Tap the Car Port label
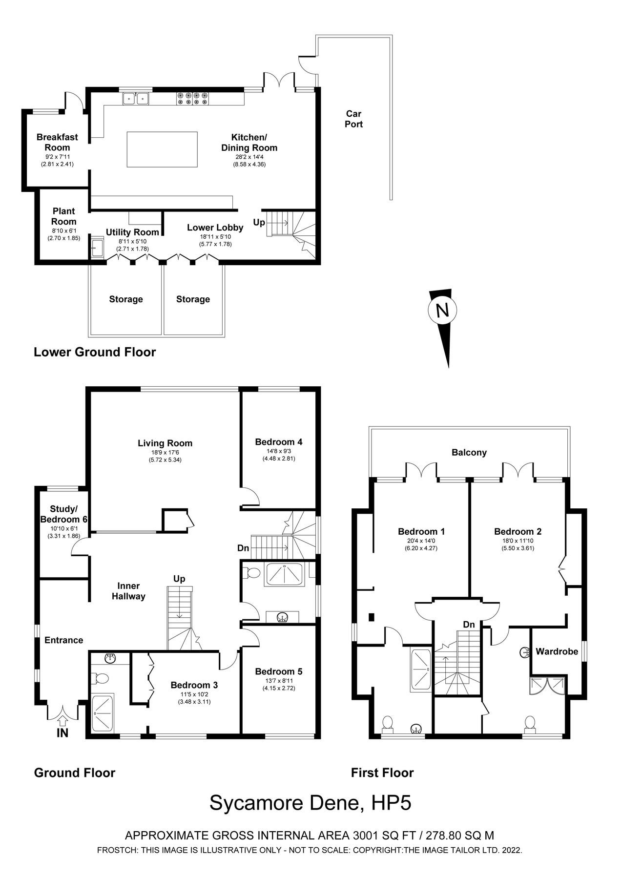[x=353, y=119]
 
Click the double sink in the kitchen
[x=136, y=99]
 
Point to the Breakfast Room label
[x=57, y=142]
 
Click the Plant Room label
[x=64, y=216]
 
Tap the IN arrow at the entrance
[x=62, y=720]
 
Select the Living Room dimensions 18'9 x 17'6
[x=165, y=453]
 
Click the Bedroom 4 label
[x=279, y=442]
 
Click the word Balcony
[x=469, y=452]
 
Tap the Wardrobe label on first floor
[x=557, y=651]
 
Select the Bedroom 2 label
[x=518, y=531]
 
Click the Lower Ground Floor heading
[x=95, y=352]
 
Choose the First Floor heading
[x=382, y=773]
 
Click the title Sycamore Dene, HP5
[x=311, y=803]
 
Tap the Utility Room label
[x=132, y=232]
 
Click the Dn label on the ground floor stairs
[x=244, y=548]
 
